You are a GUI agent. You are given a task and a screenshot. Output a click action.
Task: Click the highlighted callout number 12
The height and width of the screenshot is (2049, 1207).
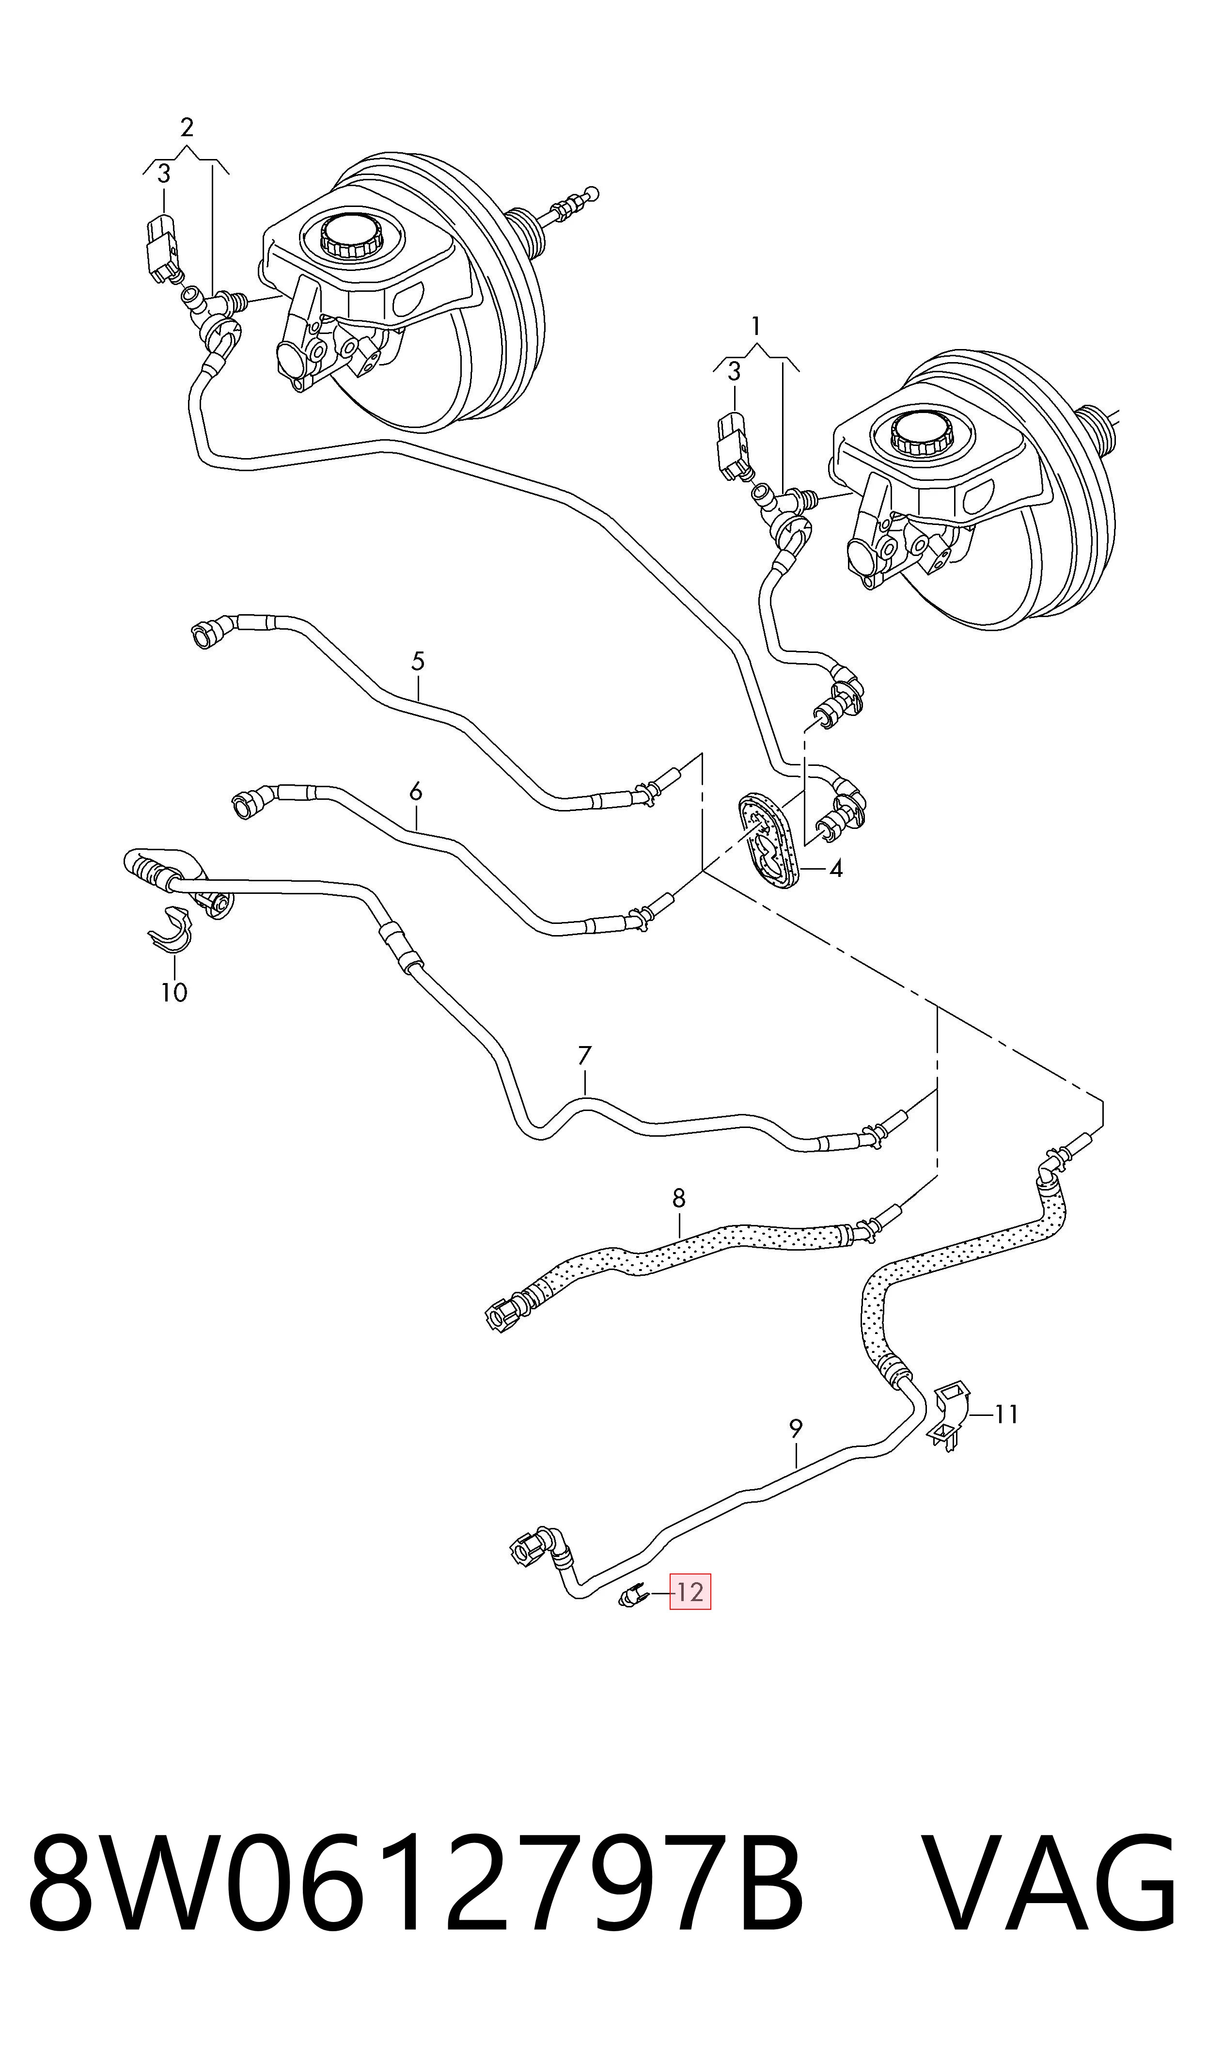(x=690, y=1592)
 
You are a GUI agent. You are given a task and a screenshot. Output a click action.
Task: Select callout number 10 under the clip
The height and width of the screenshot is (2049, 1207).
(x=174, y=992)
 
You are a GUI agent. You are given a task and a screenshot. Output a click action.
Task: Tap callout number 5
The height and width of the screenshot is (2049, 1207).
(x=418, y=661)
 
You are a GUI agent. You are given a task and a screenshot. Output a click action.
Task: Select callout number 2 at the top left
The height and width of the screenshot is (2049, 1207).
(x=187, y=127)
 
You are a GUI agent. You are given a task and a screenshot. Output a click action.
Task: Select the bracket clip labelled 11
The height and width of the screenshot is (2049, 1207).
(x=949, y=1414)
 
